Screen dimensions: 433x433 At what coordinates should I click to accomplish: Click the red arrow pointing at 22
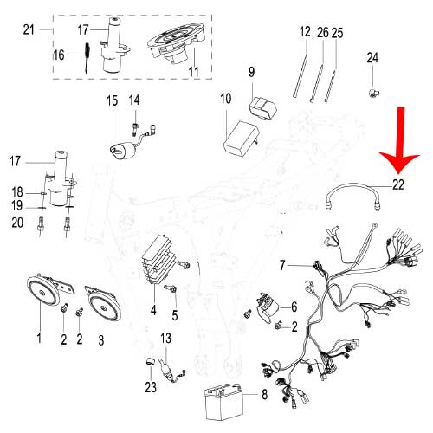(x=400, y=140)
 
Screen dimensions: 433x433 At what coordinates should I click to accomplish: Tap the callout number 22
(x=398, y=184)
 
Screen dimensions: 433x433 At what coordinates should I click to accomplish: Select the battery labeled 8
(x=223, y=401)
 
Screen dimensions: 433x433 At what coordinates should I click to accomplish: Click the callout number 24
(x=372, y=58)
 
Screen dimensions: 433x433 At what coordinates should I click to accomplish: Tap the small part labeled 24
(x=374, y=93)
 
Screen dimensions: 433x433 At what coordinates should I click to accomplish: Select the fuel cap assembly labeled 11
(x=176, y=43)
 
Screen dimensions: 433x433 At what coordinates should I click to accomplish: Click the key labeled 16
(x=87, y=57)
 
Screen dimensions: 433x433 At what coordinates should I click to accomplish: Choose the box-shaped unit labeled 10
(x=241, y=139)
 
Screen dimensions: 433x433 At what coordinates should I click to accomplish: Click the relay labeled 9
(x=262, y=107)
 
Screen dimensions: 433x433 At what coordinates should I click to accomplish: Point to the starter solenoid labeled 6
(x=266, y=308)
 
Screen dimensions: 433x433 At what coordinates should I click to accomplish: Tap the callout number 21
(x=29, y=29)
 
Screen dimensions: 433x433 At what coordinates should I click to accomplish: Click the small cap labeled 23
(x=150, y=362)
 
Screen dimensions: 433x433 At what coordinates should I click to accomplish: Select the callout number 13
(x=166, y=339)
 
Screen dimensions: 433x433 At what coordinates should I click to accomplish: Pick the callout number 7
(x=282, y=265)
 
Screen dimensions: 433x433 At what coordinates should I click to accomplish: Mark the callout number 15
(x=113, y=100)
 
